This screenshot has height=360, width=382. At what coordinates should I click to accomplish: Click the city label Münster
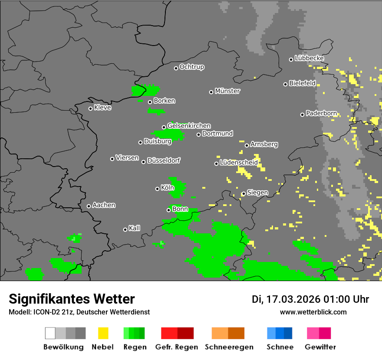227,91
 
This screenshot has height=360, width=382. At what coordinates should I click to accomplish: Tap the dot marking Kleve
90,108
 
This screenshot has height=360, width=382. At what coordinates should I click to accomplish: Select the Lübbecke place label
309,58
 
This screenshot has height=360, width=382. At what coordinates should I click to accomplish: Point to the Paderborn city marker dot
302,115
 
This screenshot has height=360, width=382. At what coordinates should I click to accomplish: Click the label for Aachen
104,205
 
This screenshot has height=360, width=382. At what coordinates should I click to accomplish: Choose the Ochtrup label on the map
191,67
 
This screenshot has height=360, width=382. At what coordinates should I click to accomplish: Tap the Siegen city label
257,193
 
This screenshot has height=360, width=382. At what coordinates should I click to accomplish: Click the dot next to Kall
125,229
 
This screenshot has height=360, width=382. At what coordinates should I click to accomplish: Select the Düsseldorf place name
163,160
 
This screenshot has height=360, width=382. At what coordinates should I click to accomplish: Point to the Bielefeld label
302,83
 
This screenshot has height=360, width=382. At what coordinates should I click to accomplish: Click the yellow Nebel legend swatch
103,333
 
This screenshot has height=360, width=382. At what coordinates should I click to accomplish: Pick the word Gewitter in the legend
320,347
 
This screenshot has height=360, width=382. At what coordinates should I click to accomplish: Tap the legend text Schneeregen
229,347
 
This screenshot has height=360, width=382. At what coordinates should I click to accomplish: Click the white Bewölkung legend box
50,333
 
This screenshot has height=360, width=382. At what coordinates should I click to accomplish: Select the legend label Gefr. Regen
177,347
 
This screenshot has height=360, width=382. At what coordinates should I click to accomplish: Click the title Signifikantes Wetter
72,299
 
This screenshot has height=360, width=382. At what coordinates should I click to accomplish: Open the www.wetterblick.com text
313,312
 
